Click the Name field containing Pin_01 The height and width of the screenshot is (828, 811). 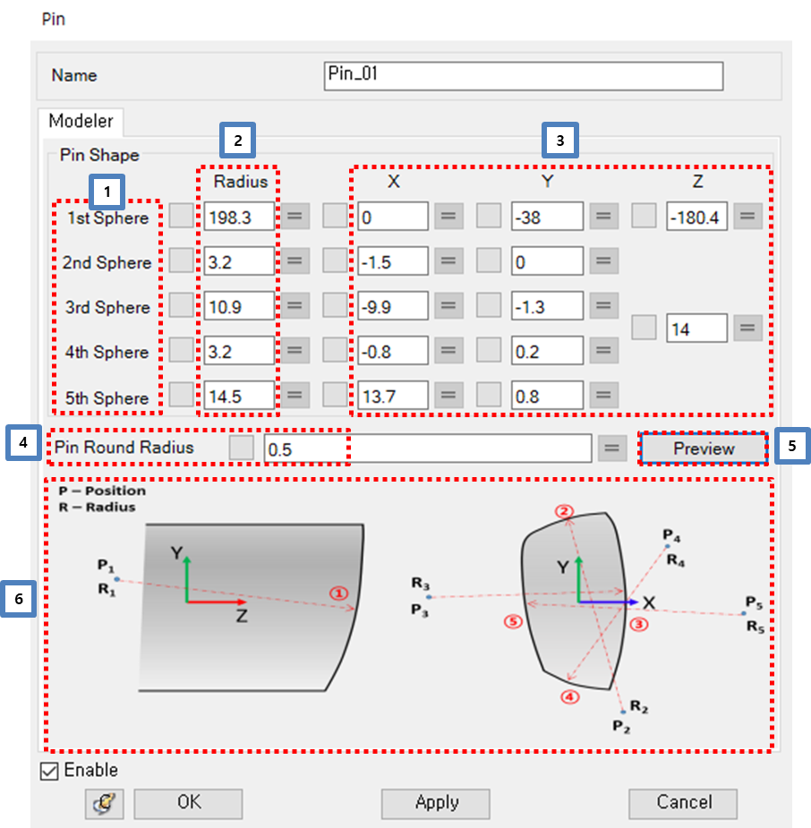523,76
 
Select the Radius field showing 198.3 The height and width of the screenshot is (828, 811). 239,217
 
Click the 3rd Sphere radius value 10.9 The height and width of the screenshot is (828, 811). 239,307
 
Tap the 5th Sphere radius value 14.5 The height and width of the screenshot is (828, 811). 239,396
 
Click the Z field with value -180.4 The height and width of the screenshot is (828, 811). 696,217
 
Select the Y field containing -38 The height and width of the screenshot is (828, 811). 547,217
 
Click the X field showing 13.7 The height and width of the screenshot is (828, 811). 393,396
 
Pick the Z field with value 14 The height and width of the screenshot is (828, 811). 696,329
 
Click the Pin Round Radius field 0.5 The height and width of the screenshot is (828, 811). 427,448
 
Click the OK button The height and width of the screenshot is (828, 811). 188,803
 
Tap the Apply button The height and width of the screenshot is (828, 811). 436,803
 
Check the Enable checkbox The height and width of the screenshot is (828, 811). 50,771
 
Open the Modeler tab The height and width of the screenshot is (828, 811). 81,121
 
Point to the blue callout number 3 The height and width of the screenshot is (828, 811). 560,140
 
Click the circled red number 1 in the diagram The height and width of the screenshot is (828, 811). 337,593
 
